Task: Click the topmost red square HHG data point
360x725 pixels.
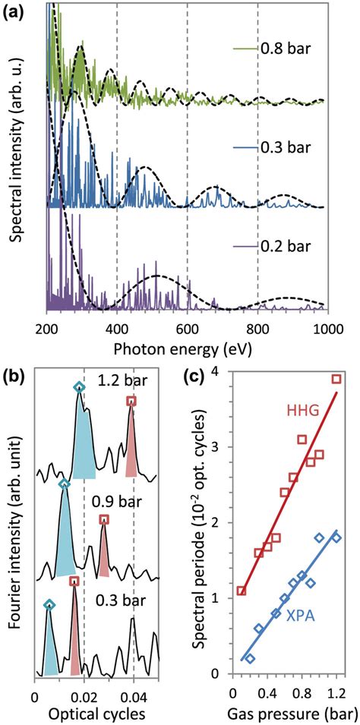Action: pos(336,379)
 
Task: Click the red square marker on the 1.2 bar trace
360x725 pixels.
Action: pos(131,401)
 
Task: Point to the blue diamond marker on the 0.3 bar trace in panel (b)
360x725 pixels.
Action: pos(49,605)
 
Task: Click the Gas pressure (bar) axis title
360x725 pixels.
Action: pos(285,713)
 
